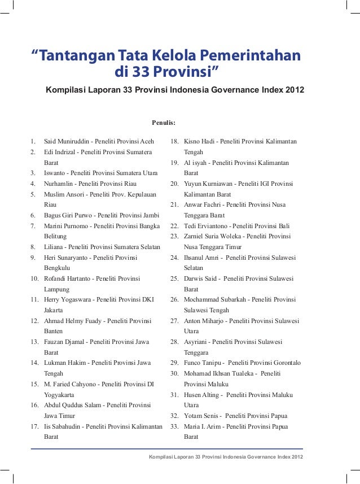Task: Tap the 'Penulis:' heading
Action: [x=164, y=121]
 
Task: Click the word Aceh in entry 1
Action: [x=147, y=141]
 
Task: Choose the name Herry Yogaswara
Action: [x=69, y=300]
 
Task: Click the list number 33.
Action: [x=174, y=426]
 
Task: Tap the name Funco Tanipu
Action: [x=203, y=363]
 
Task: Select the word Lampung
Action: [x=57, y=289]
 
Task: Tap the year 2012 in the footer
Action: [x=293, y=456]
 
